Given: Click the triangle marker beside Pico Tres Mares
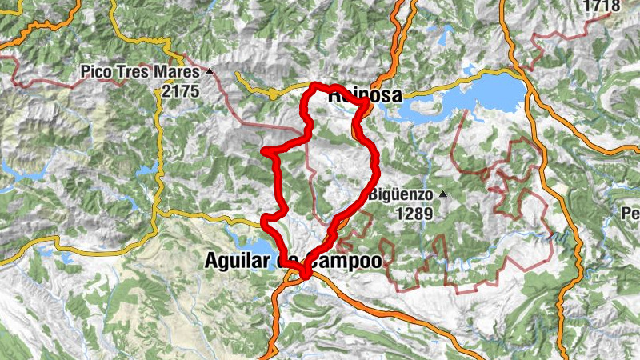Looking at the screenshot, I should (x=210, y=71).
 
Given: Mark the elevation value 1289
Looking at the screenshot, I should (x=413, y=214).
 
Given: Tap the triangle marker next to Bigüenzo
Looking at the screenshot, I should (x=442, y=194).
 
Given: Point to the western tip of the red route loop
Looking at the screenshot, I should (x=264, y=150).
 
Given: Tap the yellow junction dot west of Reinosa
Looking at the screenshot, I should (x=273, y=94).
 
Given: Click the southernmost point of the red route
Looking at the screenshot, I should (x=305, y=276).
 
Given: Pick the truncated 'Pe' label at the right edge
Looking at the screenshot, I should (x=631, y=214).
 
